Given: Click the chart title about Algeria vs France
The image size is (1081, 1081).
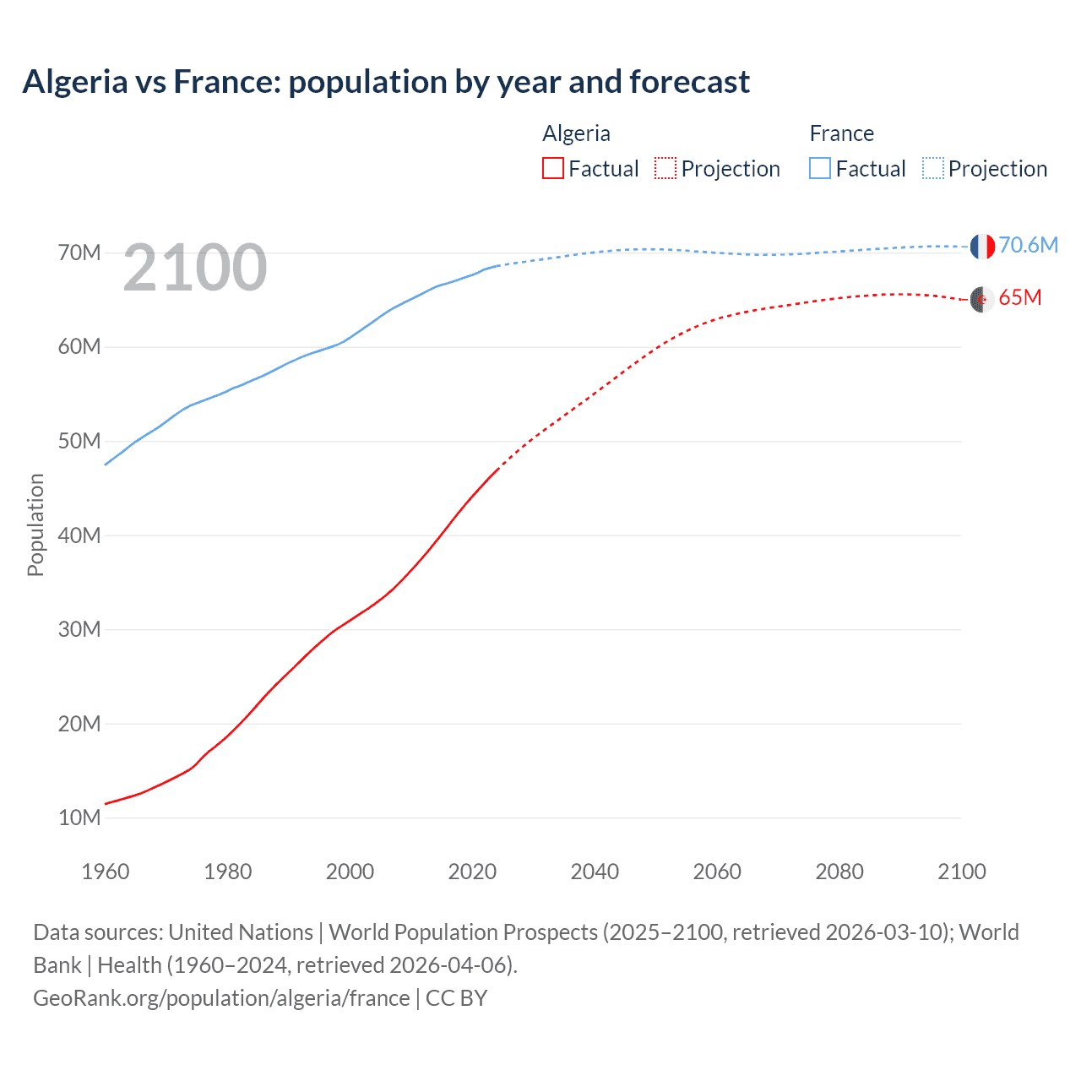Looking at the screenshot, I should [386, 82].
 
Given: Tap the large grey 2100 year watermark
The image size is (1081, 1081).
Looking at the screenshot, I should [195, 268].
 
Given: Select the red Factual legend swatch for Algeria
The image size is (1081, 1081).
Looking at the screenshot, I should [552, 168].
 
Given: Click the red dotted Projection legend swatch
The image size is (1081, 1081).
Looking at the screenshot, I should [665, 168].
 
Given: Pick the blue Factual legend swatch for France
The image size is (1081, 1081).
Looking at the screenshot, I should [819, 168].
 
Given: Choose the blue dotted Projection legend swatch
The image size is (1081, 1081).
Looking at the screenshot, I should [932, 168].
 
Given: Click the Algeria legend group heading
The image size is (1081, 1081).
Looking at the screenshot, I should [576, 133].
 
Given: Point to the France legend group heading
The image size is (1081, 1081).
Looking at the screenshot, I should [841, 133].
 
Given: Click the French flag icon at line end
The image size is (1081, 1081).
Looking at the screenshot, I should [982, 247].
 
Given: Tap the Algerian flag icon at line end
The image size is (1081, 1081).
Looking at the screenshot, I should [982, 299].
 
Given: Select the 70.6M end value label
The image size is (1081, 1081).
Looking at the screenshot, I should [1028, 245].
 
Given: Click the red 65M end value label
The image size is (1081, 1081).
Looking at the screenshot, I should [1019, 297].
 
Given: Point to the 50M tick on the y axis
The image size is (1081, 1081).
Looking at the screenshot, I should [79, 441].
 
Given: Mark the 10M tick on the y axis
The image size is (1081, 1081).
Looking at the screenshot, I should [79, 818].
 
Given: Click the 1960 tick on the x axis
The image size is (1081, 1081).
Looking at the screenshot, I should [106, 872].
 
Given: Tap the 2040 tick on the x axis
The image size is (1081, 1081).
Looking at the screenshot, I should [595, 872].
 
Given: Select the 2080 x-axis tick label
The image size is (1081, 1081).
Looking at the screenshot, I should [839, 872].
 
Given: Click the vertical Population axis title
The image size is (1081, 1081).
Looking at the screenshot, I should [35, 524].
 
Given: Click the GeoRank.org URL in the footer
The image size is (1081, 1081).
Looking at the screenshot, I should [221, 998].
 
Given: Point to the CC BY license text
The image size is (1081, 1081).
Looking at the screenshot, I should [457, 998].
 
